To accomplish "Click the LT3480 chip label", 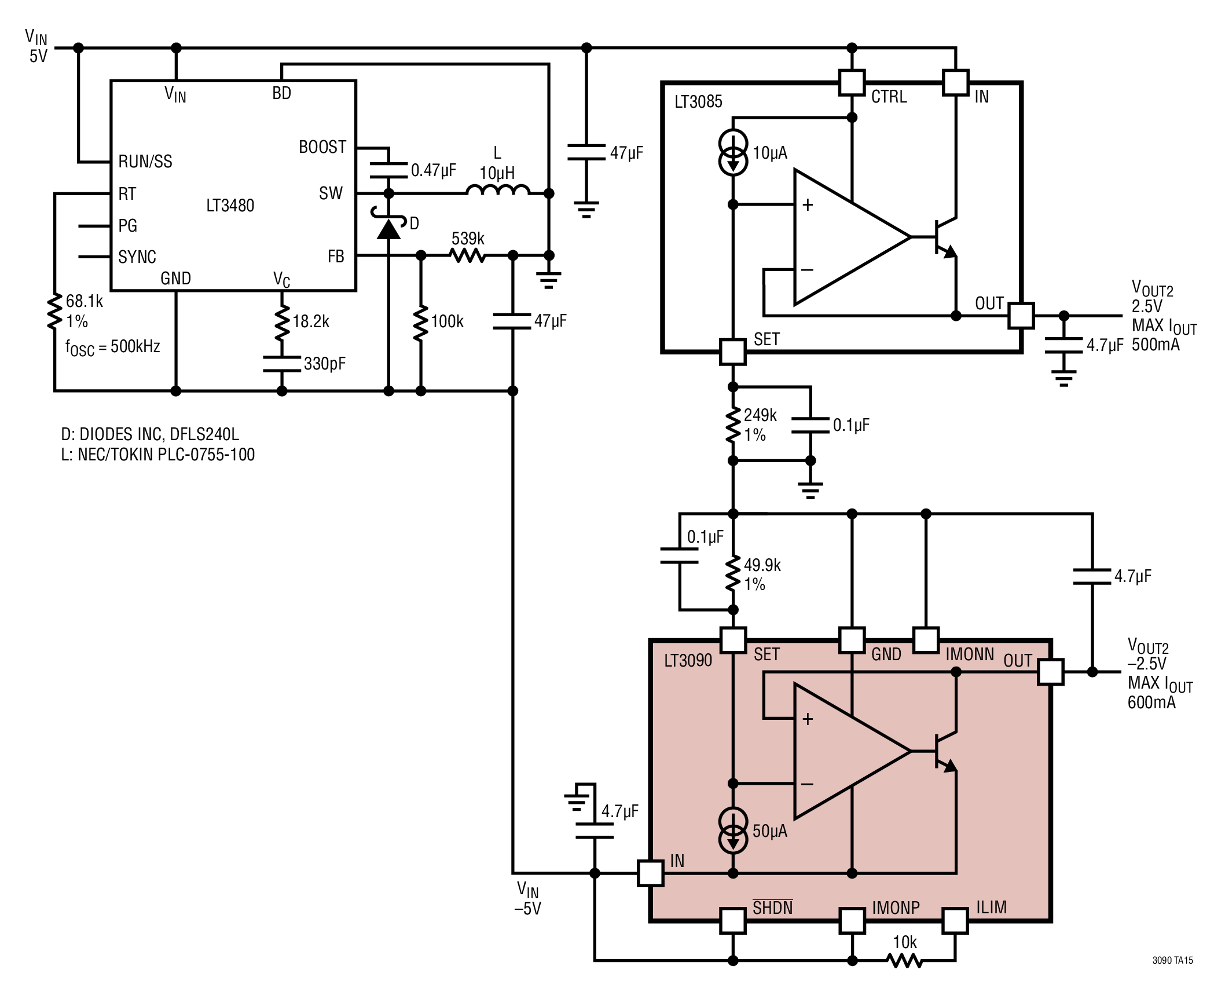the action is coord(230,206).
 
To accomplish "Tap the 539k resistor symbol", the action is coord(468,255).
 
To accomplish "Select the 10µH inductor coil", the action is coord(498,191).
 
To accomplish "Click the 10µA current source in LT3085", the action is coord(733,153).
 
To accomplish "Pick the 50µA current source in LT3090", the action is coord(733,831).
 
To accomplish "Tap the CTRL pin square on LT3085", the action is coord(852,83).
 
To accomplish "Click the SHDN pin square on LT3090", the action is coord(733,920).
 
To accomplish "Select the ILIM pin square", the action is coord(955,920).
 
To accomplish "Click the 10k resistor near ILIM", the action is coord(904,961).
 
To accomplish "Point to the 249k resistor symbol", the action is coord(733,425).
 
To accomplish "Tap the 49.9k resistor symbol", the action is coord(733,574).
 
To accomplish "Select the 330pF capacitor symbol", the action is coord(282,364).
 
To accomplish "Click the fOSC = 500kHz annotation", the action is coord(112,347).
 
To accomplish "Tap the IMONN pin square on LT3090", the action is coord(926,640).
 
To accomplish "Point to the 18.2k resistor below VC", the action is coord(282,321).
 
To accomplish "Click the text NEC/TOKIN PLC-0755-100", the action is coord(166,455).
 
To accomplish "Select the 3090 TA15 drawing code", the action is coord(1172,960).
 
